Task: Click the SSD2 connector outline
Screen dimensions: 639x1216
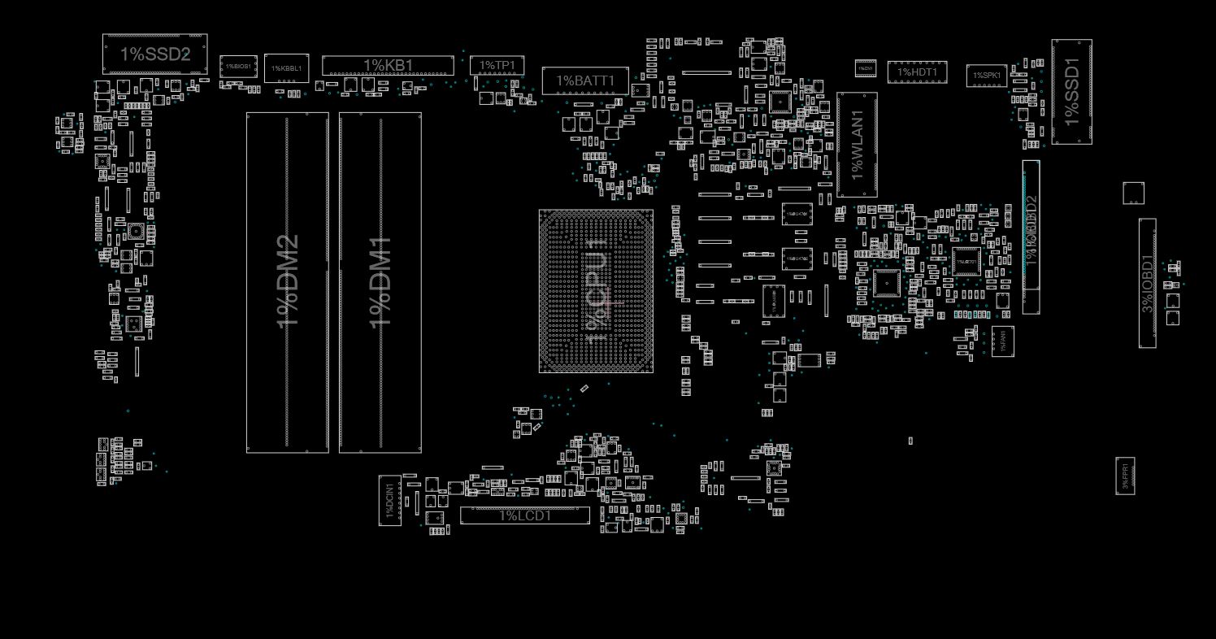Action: [154, 54]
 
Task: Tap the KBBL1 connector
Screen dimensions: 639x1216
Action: [287, 68]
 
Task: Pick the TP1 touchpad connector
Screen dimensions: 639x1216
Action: [497, 65]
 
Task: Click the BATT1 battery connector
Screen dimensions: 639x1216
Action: [585, 80]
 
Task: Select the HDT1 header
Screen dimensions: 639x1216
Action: [917, 72]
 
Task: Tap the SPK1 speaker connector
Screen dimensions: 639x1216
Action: [987, 76]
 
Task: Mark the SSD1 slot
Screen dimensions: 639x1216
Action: [1071, 92]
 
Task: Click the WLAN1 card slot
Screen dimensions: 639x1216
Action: [857, 145]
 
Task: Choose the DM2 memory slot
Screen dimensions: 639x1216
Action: [288, 282]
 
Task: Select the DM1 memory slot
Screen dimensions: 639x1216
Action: [380, 282]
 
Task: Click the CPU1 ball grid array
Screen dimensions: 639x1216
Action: [596, 291]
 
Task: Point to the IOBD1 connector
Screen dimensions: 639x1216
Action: [1147, 283]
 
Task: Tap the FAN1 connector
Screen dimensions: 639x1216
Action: [1002, 341]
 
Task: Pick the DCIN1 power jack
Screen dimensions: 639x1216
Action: [390, 500]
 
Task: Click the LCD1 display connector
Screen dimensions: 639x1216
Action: [525, 515]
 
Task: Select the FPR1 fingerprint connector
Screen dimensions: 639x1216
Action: [1125, 476]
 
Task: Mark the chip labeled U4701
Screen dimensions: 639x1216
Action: [797, 214]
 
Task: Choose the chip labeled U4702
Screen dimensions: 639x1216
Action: [797, 259]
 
